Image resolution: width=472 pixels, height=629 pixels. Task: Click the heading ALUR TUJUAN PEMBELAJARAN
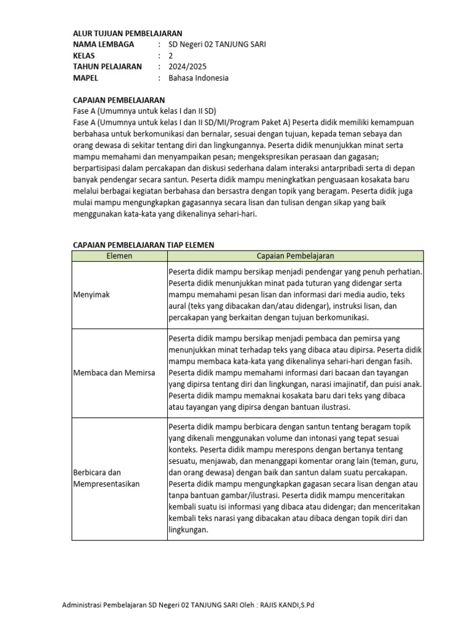[127, 33]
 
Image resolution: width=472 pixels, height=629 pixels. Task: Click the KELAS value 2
[171, 55]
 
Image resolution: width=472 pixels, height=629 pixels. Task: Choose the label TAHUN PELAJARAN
[107, 66]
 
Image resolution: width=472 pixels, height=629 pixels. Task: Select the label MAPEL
[85, 78]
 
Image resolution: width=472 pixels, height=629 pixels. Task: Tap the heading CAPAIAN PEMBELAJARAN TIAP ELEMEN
[143, 244]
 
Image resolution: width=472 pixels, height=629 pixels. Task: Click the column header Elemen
[119, 256]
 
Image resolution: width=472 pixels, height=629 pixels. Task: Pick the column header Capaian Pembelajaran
[295, 256]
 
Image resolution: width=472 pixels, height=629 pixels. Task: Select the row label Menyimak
[91, 295]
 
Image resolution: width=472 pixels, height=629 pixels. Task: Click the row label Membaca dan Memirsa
[114, 373]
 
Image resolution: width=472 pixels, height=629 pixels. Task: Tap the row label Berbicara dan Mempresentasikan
[106, 479]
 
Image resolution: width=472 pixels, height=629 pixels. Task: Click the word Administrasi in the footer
[83, 605]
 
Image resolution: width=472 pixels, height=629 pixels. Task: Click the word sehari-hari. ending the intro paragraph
[237, 214]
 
